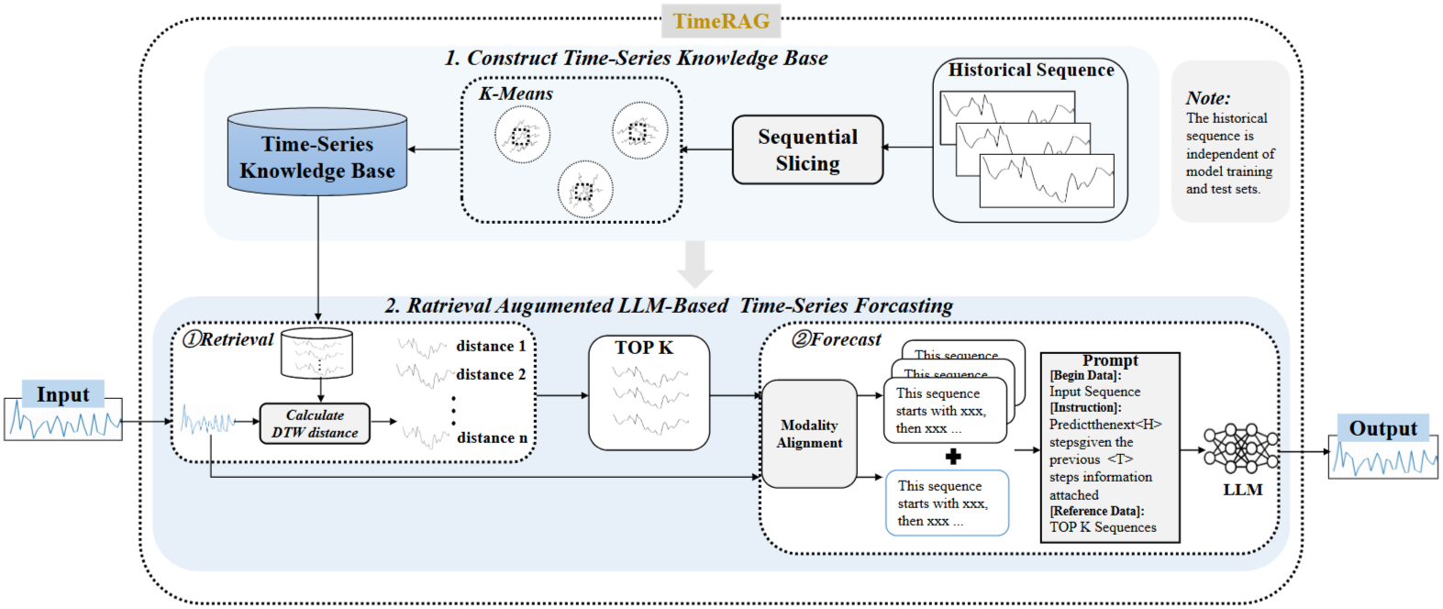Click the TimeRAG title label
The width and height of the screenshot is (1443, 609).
721,21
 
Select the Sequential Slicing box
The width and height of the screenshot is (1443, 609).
808,149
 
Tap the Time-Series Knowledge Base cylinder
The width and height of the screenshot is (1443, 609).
316,152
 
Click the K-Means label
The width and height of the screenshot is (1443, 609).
516,94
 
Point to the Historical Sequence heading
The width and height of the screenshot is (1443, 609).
1031,71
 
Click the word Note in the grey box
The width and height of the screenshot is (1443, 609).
1208,98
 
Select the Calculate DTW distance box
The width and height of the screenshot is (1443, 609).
315,424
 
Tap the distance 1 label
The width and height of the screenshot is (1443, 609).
491,347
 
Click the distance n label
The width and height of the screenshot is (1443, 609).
493,438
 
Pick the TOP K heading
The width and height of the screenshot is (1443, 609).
644,349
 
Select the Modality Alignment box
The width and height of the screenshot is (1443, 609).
809,434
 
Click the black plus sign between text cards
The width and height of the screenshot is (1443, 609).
953,457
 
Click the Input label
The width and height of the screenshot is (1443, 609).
63,394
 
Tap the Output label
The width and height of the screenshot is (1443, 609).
1383,428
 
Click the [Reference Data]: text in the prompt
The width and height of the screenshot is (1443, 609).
1097,511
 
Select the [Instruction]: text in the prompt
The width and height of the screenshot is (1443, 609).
1085,407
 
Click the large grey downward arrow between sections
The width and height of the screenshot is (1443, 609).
695,264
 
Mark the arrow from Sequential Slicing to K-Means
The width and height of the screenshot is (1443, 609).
706,149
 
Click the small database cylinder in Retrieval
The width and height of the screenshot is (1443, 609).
316,353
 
